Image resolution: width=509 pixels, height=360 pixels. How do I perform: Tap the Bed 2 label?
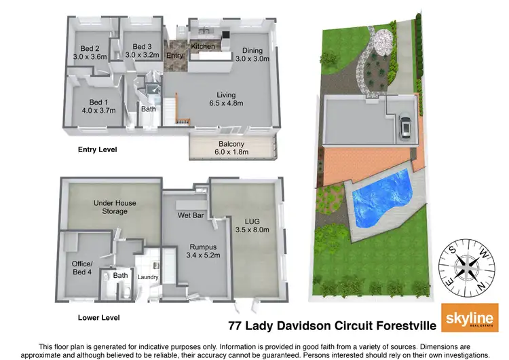coord(90,48)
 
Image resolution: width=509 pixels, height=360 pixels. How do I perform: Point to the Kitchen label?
coord(203,46)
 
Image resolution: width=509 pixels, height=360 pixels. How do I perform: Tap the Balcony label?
coord(231,143)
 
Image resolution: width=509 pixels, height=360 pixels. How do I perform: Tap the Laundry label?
coord(148,277)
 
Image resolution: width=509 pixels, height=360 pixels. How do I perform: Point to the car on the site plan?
coord(405,126)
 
